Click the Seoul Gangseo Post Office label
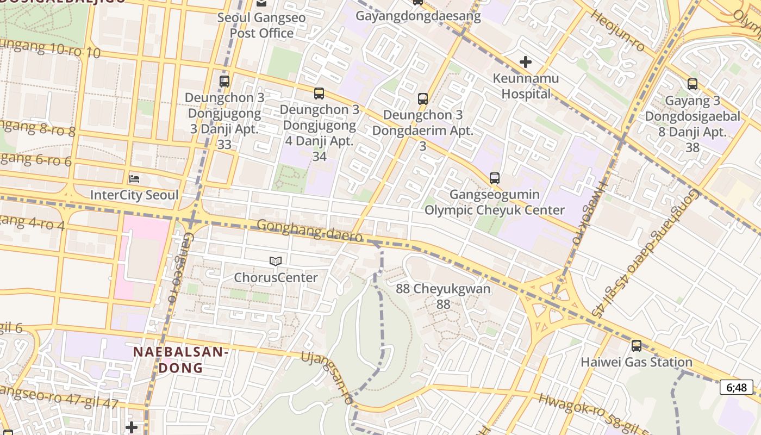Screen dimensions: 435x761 [x=261, y=25]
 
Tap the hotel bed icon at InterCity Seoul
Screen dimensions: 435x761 [x=134, y=178]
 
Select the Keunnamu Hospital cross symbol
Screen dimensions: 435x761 [x=526, y=62]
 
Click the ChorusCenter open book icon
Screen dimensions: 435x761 [x=276, y=262]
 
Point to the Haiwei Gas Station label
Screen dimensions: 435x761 [x=637, y=362]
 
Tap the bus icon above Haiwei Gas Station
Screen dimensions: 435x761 [x=637, y=346]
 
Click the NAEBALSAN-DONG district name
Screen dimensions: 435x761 [x=180, y=360]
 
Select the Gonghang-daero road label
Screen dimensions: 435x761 [x=309, y=231]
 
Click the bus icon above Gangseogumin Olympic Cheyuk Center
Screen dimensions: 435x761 [x=494, y=178]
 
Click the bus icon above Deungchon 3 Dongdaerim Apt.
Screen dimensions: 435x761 [x=423, y=99]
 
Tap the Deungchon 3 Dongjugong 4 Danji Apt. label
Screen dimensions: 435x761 [x=320, y=133]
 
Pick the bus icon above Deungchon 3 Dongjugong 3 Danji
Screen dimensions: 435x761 [x=224, y=82]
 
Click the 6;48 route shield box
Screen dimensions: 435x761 [x=737, y=387]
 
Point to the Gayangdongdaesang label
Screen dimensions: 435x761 [x=419, y=16]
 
